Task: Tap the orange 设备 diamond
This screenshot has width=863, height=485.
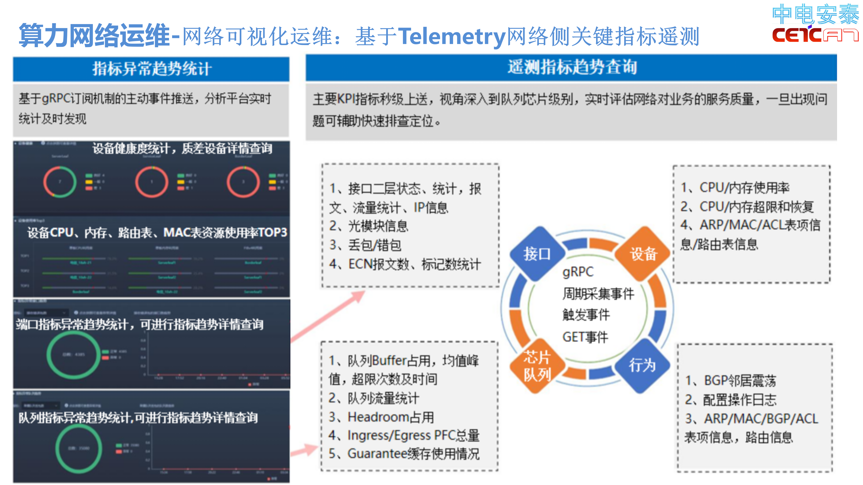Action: pyautogui.click(x=643, y=254)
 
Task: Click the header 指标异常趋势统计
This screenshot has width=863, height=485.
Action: pyautogui.click(x=151, y=69)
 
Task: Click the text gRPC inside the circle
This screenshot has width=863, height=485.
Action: pyautogui.click(x=578, y=272)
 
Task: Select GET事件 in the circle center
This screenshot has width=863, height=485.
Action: pyautogui.click(x=585, y=337)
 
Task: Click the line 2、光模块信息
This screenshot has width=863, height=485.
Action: pyautogui.click(x=368, y=226)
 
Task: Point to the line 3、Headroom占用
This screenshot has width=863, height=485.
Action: pyautogui.click(x=381, y=417)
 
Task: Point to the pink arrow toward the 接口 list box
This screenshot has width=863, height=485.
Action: pyautogui.click(x=328, y=316)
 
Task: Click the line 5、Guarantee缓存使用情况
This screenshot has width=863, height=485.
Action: pyautogui.click(x=404, y=454)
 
